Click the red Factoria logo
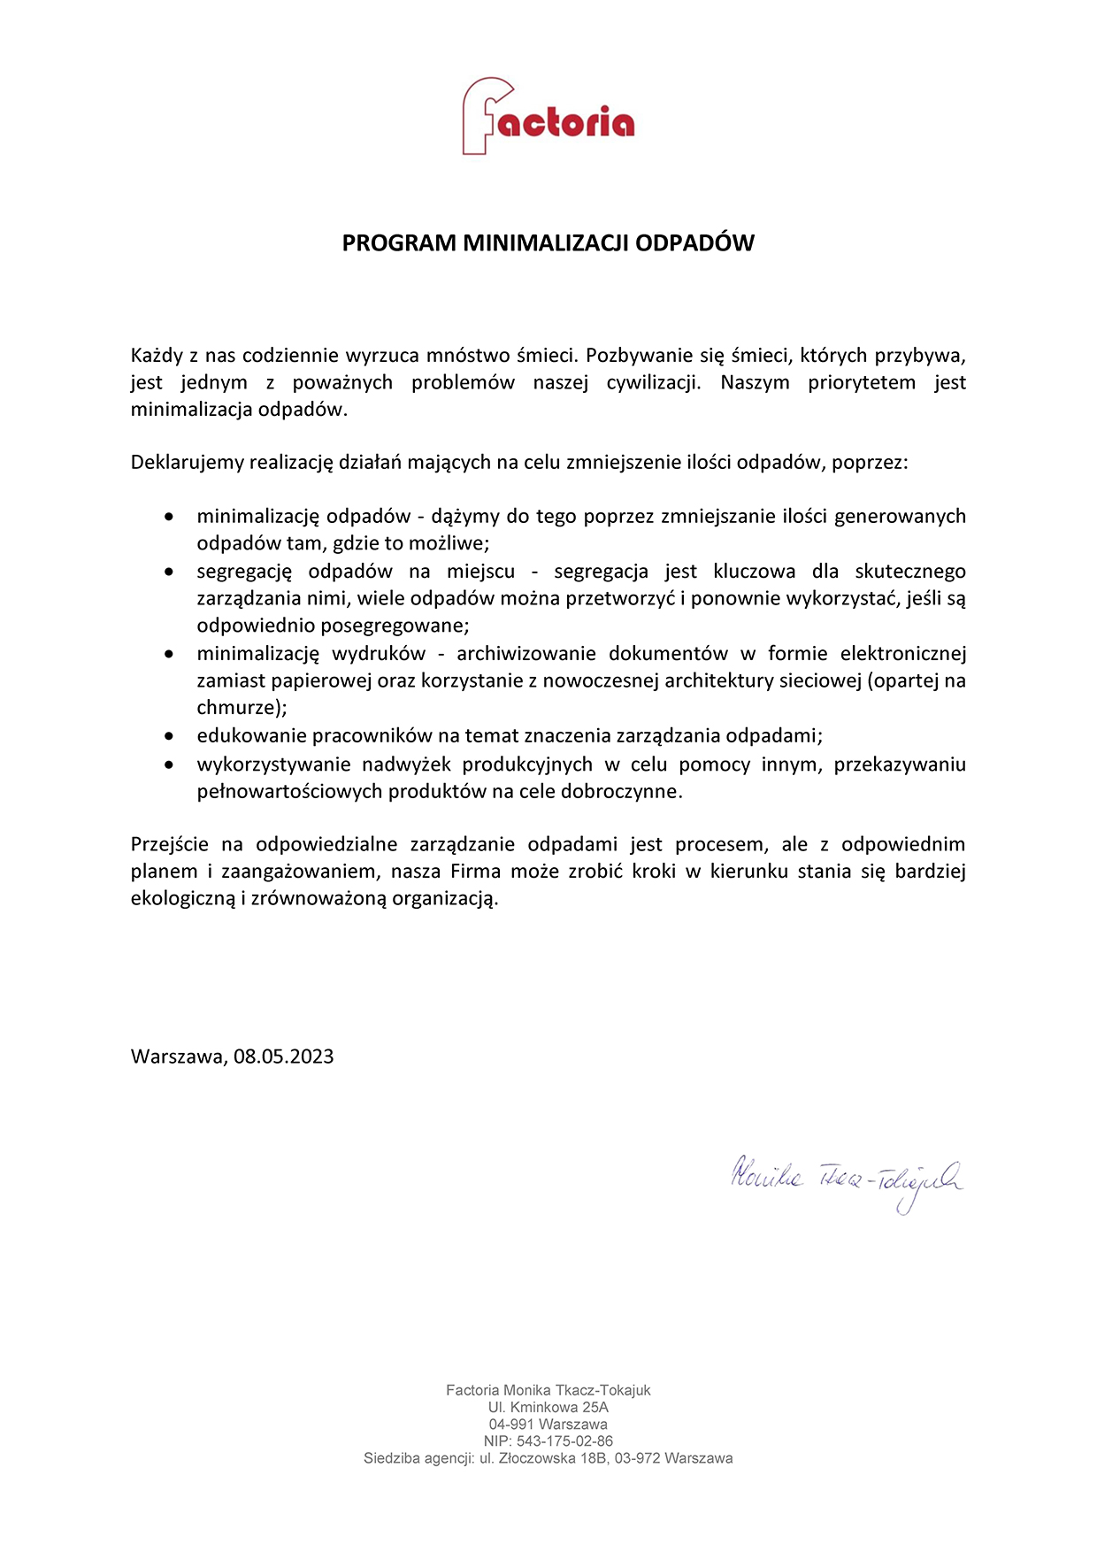pyautogui.click(x=548, y=117)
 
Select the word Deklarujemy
pyautogui.click(x=188, y=462)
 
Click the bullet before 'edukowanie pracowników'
pyautogui.click(x=169, y=735)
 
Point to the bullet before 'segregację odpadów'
pyautogui.click(x=169, y=572)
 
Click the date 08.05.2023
pyautogui.click(x=284, y=1056)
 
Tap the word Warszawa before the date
pyautogui.click(x=179, y=1056)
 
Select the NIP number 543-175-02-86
pyautogui.click(x=564, y=1441)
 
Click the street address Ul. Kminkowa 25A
pyautogui.click(x=548, y=1408)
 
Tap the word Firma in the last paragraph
pyautogui.click(x=476, y=872)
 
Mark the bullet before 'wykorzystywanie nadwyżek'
pyautogui.click(x=169, y=764)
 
